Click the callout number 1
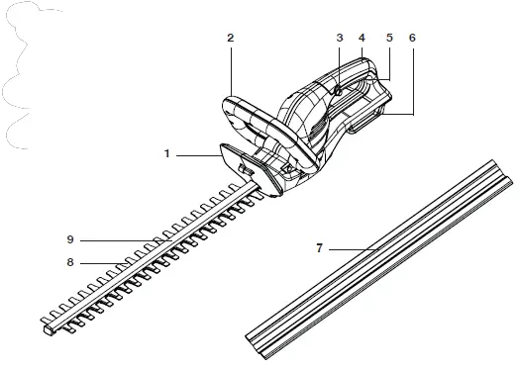pos(168,154)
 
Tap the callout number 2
pos(230,37)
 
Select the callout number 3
pos(339,37)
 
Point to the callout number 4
pos(362,37)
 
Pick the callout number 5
pos(388,37)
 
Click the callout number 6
pos(411,37)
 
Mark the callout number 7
pos(319,248)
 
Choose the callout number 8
pos(70,263)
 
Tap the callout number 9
pos(70,239)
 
